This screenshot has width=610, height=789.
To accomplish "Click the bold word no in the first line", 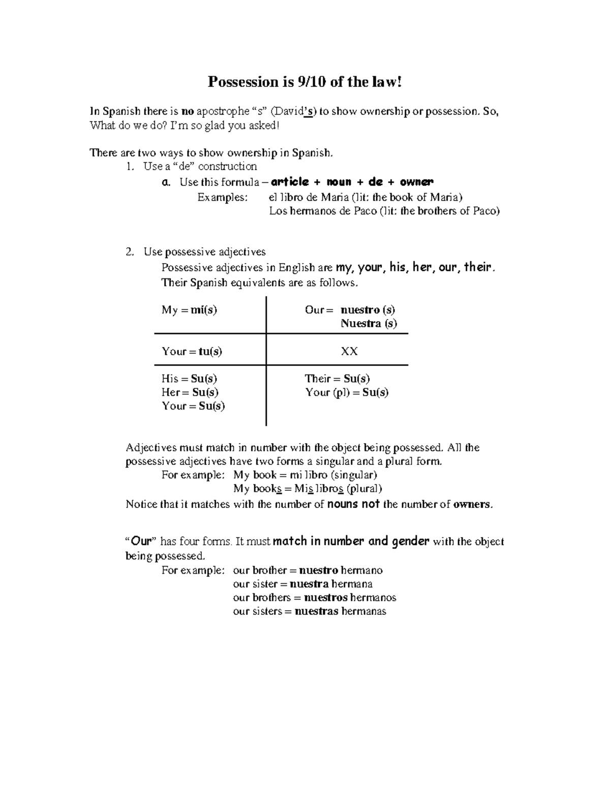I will (x=188, y=111).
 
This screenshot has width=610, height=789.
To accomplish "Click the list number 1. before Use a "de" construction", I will (x=130, y=167).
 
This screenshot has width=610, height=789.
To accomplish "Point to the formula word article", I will (x=290, y=182).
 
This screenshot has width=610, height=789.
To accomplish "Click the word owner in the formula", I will (x=416, y=182).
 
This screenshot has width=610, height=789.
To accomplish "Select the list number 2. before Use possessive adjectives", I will (x=130, y=251).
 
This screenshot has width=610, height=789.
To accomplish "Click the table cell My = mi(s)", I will (x=190, y=310).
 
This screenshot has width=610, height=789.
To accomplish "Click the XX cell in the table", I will (x=349, y=352).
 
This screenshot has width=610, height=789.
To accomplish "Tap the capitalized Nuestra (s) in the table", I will (x=369, y=324).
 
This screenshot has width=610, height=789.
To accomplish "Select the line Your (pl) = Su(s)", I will (x=347, y=392).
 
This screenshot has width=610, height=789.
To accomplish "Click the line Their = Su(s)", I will (x=337, y=378).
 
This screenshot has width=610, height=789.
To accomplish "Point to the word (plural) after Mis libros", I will (x=364, y=489).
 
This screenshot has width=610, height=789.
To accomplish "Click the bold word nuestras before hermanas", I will (x=316, y=611).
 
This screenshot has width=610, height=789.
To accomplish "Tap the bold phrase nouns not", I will (x=354, y=504).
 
